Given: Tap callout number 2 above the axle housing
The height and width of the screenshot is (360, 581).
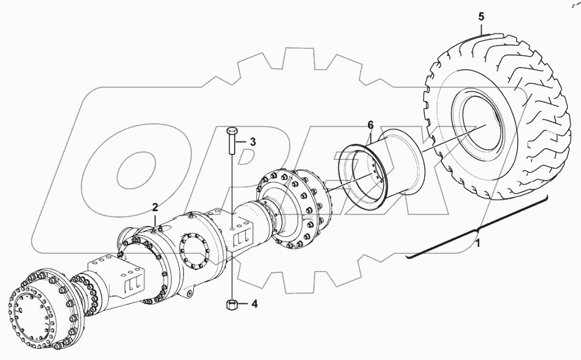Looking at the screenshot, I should coord(156,207).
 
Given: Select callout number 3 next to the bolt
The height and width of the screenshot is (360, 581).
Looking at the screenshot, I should coord(253,142).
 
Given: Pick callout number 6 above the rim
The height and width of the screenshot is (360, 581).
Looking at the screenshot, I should coord(370,125).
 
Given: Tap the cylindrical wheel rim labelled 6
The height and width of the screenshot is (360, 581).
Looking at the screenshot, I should coord(383,170).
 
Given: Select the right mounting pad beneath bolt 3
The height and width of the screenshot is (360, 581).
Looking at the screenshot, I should coord(242,233).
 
